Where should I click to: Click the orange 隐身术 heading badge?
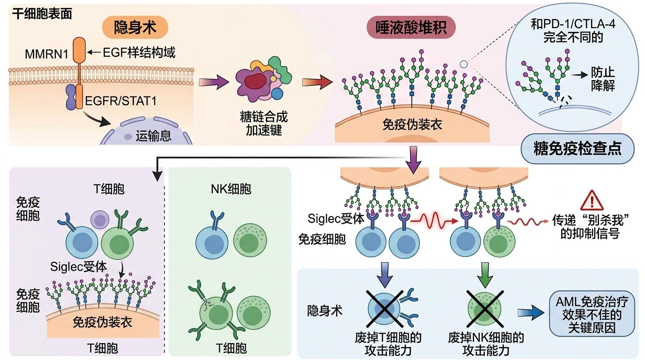(135, 29)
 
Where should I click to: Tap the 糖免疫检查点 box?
(577, 149)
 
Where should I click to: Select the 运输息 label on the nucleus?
(153, 137)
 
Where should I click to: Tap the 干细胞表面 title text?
(42, 14)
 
